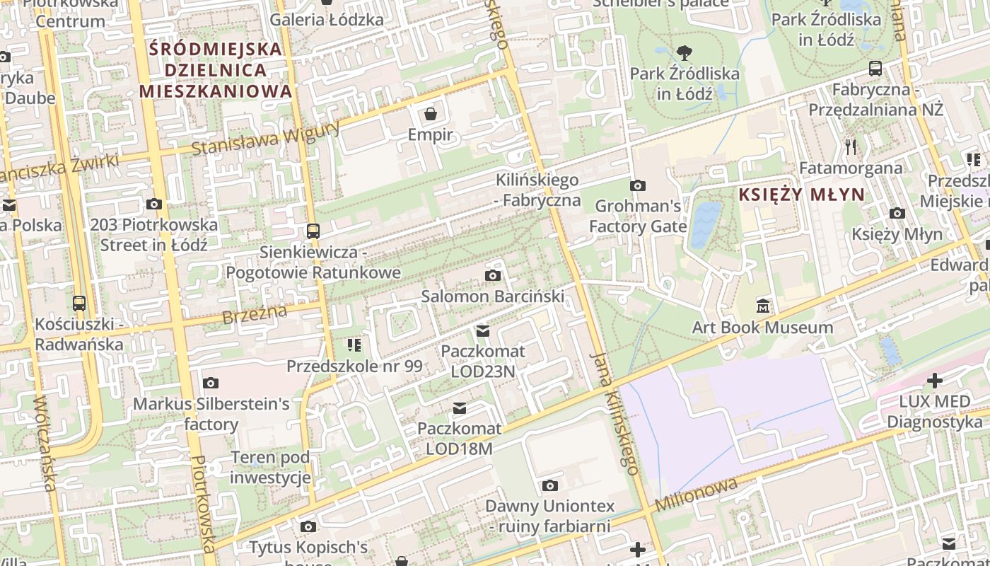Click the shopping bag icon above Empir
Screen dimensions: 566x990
(430, 114)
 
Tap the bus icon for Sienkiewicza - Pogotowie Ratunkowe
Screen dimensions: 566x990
(313, 231)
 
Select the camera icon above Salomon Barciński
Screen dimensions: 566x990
(493, 275)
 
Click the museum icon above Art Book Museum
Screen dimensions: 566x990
(762, 306)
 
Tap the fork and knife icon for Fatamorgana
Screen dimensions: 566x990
(851, 147)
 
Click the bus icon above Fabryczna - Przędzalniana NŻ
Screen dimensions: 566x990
(875, 69)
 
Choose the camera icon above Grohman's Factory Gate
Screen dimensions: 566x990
(638, 185)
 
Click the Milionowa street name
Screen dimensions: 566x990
(696, 495)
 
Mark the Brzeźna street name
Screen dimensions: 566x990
(255, 315)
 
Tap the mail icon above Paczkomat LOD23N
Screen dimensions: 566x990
(483, 330)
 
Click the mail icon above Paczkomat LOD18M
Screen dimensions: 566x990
(460, 408)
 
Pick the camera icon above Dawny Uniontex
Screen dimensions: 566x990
(549, 485)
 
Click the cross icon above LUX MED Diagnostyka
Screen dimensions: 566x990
(935, 381)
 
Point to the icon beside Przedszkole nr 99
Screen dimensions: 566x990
(354, 345)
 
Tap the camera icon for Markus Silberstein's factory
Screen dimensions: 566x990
(210, 383)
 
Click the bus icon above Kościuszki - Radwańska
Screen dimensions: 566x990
(79, 304)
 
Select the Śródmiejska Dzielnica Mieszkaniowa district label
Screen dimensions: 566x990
(216, 70)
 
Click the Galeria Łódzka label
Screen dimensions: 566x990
(327, 19)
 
